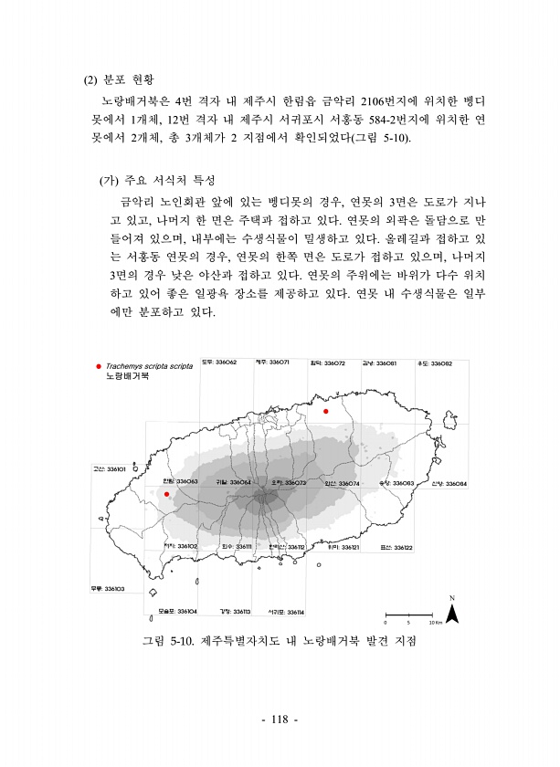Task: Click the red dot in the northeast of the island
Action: pos(324,411)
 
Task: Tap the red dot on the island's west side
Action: pos(166,494)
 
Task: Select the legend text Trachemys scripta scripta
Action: pos(143,365)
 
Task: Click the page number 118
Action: pos(280,720)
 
